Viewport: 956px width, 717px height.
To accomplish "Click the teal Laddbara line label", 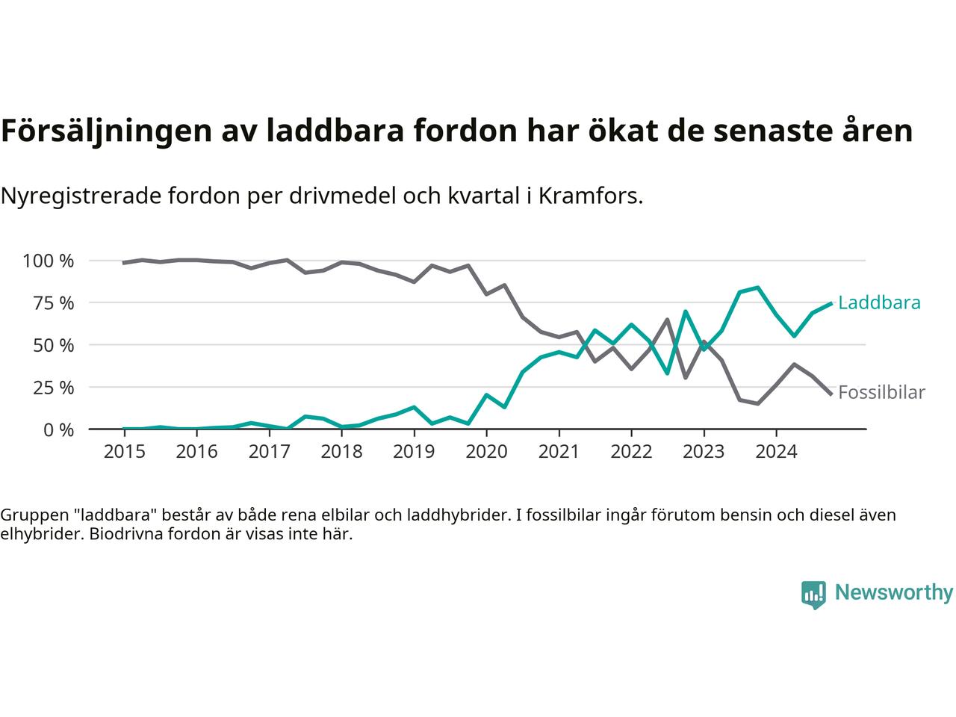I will click(x=879, y=302).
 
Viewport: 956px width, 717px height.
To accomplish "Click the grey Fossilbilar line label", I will click(x=881, y=392).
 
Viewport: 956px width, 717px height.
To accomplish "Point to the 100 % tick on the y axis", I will click(x=49, y=261).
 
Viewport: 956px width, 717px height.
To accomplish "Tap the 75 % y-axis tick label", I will click(x=52, y=302).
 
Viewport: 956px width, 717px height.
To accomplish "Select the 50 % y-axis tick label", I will click(x=52, y=345).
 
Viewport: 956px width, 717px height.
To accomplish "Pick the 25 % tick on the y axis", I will click(x=52, y=387).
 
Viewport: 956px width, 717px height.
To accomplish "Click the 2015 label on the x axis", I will click(x=124, y=452).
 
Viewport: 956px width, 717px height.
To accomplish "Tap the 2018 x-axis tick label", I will click(x=341, y=452).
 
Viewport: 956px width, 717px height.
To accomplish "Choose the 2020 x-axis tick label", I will click(x=486, y=452).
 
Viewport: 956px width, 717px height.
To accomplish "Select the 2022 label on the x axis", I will click(x=631, y=452).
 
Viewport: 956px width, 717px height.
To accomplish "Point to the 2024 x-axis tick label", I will click(x=776, y=452).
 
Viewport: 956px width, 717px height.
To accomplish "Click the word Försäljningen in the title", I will click(x=105, y=131).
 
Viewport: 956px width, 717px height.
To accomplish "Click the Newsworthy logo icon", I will click(x=813, y=595).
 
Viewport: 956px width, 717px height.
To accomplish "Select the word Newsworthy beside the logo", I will click(x=893, y=593).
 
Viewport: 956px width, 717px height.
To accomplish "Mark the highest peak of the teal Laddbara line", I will click(x=757, y=288).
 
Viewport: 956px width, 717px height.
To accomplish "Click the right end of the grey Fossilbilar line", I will click(x=831, y=394).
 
